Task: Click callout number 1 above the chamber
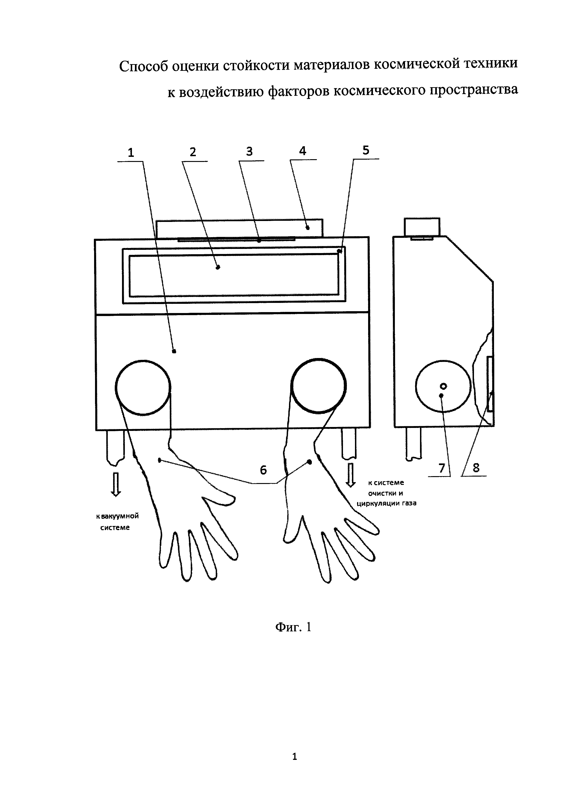coord(131,153)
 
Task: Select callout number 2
coord(193,152)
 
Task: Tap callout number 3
coord(249,152)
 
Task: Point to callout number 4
coord(303,151)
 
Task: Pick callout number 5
coord(366,150)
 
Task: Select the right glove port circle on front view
coord(318,386)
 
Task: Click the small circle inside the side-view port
coord(444,386)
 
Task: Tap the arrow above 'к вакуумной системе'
coord(116,484)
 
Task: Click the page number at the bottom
coord(295,756)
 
